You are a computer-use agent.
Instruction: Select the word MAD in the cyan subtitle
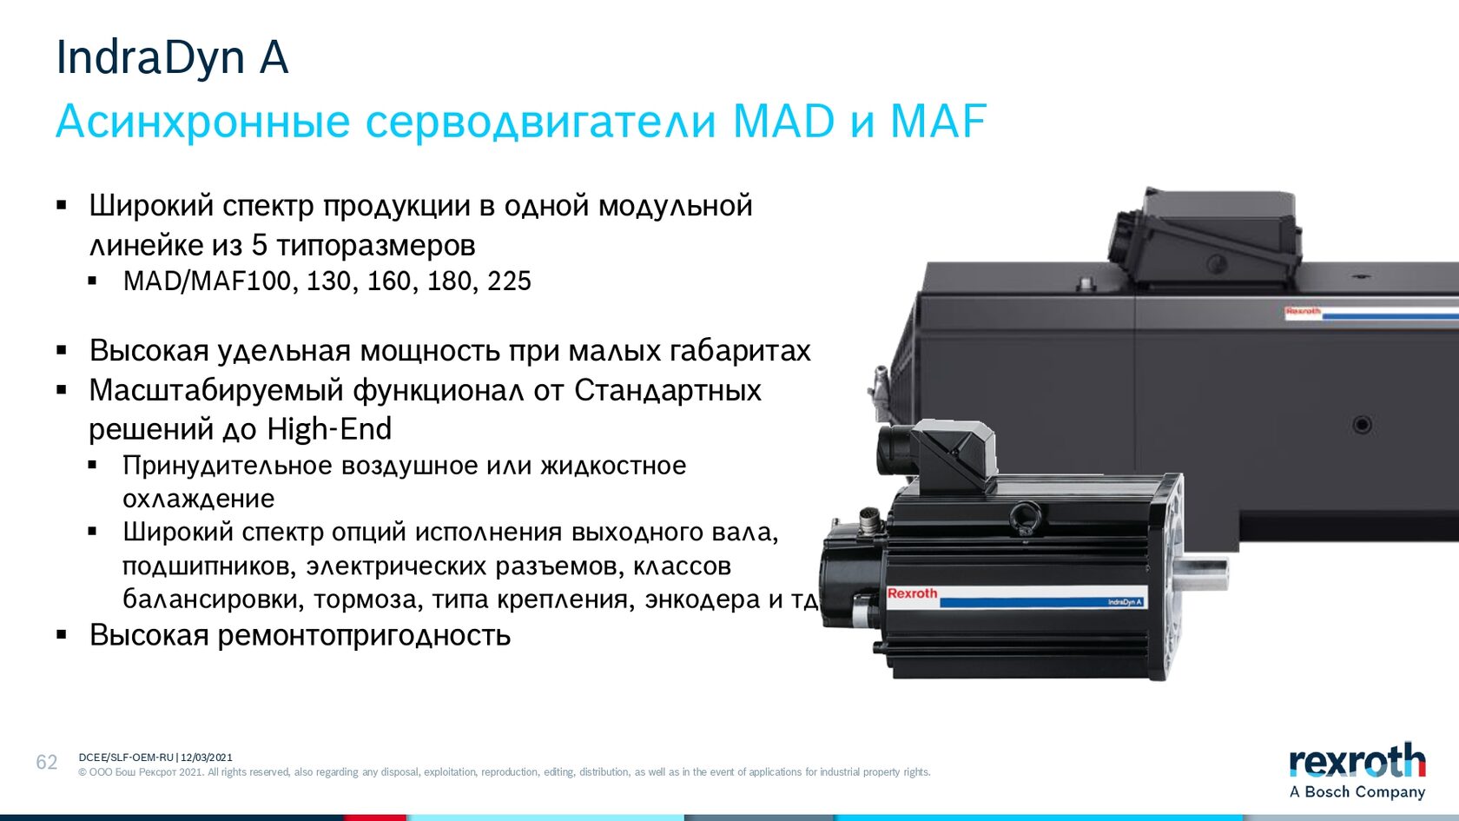(783, 122)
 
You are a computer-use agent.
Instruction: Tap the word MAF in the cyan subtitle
(938, 122)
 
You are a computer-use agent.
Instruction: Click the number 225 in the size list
(509, 281)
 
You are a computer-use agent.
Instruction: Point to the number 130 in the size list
(328, 281)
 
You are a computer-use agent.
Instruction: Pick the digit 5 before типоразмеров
(259, 246)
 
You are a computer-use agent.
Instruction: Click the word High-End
(329, 429)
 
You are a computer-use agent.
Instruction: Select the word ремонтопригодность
(364, 635)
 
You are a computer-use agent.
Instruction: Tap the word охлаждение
(199, 499)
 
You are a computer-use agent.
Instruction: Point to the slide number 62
(47, 762)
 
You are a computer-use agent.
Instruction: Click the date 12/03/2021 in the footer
(207, 758)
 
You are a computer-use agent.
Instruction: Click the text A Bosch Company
(1357, 791)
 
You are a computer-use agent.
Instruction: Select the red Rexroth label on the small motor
(912, 593)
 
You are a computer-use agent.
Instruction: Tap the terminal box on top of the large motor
(1205, 237)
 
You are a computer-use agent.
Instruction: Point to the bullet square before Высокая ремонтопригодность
(62, 634)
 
